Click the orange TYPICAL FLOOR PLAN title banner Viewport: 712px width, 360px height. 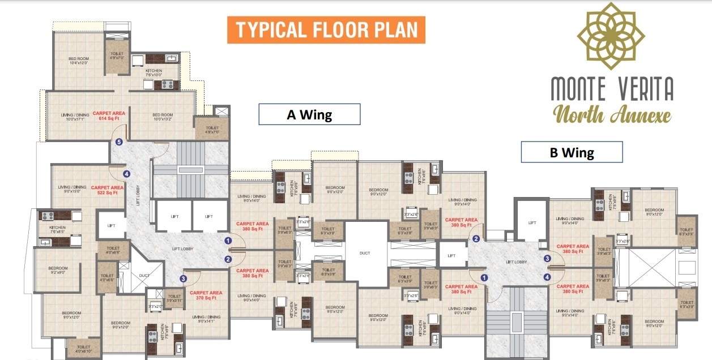326,30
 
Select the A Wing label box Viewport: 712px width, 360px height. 309,114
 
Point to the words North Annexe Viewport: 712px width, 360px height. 612,114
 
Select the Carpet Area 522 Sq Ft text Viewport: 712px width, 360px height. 107,190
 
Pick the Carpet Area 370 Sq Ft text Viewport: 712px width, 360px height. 206,295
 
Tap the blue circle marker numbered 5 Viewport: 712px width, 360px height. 119,142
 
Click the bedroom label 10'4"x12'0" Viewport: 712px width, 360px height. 79,61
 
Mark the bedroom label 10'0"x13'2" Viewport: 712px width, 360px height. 163,117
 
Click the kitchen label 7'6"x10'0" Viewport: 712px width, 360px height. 154,72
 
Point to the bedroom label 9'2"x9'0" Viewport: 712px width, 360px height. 58,271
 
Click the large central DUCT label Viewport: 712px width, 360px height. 365,253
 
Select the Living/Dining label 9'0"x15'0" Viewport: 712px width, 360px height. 71,190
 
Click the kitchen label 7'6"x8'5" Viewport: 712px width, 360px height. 57,229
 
